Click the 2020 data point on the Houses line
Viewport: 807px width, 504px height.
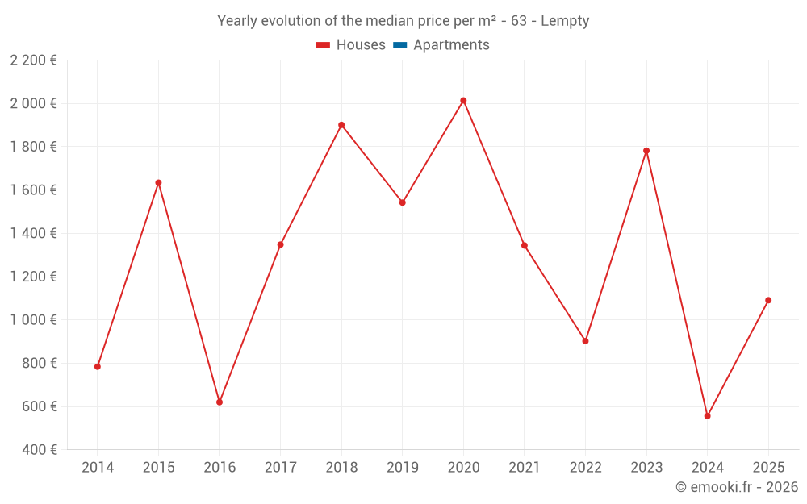[x=463, y=101]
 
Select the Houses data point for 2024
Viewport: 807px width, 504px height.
[x=707, y=416]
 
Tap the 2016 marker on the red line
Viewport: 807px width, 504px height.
[x=220, y=402]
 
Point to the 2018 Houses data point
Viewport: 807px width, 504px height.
[x=341, y=125]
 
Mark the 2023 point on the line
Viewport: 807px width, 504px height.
[x=646, y=151]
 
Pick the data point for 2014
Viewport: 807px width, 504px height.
[x=98, y=367]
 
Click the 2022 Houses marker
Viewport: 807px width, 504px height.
[x=585, y=341]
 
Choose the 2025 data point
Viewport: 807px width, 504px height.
[x=768, y=300]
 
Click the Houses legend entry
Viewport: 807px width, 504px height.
[x=351, y=45]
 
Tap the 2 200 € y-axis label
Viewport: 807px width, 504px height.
[x=33, y=60]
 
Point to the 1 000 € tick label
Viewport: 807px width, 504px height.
[x=33, y=320]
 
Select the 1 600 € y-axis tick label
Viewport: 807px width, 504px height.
[x=33, y=190]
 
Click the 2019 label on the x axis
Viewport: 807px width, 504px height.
[x=402, y=468]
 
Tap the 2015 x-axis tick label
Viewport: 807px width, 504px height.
[x=158, y=468]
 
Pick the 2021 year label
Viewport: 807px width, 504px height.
[x=525, y=468]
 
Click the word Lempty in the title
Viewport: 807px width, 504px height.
[x=565, y=21]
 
